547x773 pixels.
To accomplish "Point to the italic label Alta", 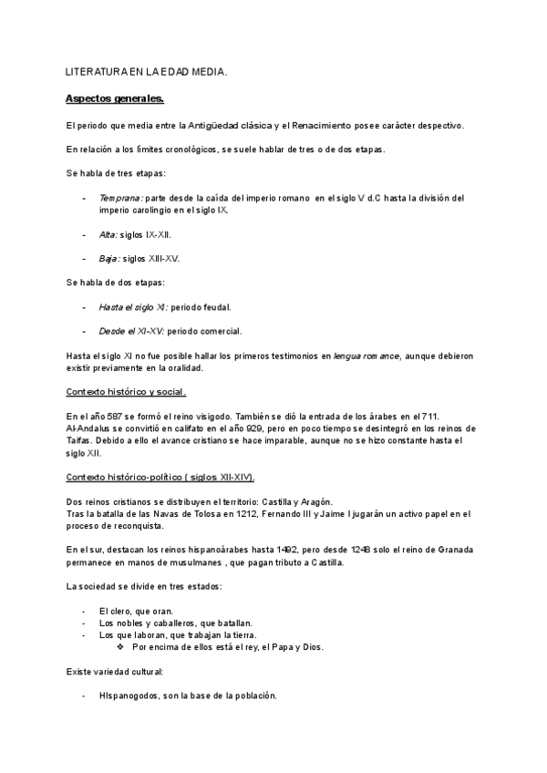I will click(108, 234).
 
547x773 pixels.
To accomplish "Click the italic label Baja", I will click(109, 258).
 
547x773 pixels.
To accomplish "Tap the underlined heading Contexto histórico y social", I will click(126, 392).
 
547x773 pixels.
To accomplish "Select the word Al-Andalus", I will click(91, 428).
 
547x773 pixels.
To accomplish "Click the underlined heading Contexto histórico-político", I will click(160, 477).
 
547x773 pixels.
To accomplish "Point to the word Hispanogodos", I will click(128, 696).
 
